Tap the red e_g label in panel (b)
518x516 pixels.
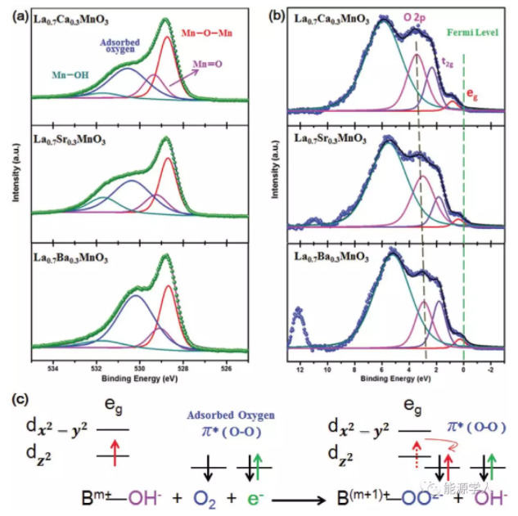point(472,95)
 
